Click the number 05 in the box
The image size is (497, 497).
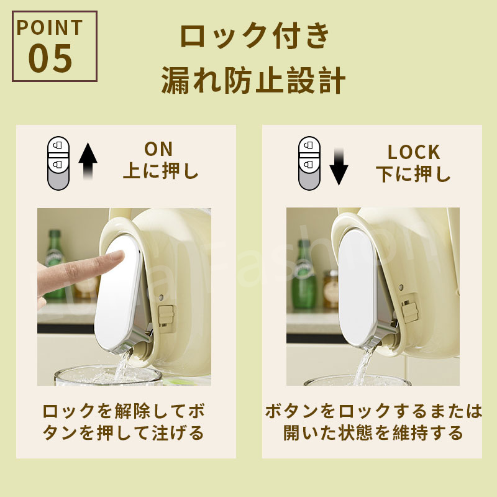pyautogui.click(x=50, y=58)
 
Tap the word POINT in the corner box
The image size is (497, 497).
pyautogui.click(x=50, y=27)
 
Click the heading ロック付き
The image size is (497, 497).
pyautogui.click(x=255, y=35)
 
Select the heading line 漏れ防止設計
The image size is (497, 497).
pyautogui.click(x=253, y=81)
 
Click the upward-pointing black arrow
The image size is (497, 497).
pyautogui.click(x=88, y=162)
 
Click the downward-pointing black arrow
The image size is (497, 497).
pyautogui.click(x=339, y=166)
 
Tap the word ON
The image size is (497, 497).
pyautogui.click(x=158, y=149)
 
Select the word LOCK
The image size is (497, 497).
pyautogui.click(x=414, y=152)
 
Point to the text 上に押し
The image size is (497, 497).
pyautogui.click(x=161, y=171)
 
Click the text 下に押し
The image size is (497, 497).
pyautogui.click(x=413, y=174)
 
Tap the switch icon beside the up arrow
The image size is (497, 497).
pyautogui.click(x=58, y=163)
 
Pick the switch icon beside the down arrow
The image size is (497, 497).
pyautogui.click(x=309, y=163)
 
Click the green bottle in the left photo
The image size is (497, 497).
pyautogui.click(x=55, y=264)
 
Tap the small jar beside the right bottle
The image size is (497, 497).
pyautogui.click(x=331, y=289)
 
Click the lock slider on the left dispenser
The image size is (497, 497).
pyautogui.click(x=166, y=315)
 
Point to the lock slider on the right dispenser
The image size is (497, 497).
pyautogui.click(x=410, y=312)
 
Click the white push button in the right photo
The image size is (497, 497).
pyautogui.click(x=357, y=288)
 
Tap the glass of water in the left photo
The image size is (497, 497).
pyautogui.click(x=108, y=376)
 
